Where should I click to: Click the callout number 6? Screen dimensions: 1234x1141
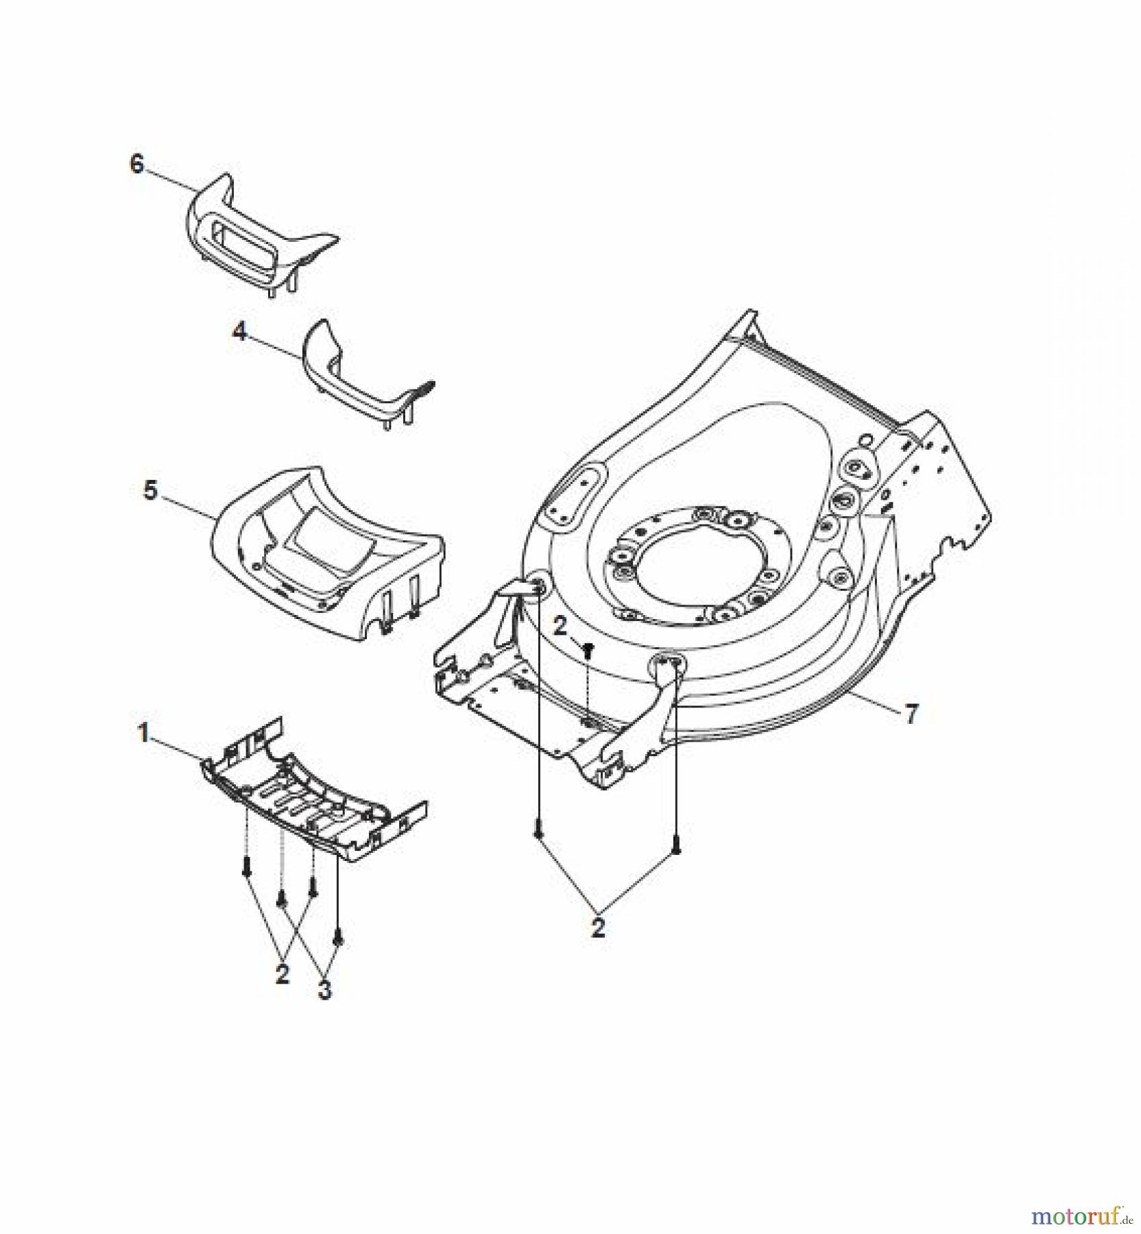(x=137, y=165)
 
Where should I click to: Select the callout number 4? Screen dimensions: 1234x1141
(x=239, y=332)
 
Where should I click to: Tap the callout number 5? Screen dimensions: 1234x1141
(x=150, y=490)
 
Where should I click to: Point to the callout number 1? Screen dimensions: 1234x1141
(x=143, y=733)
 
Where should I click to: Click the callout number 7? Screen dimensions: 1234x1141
(x=911, y=715)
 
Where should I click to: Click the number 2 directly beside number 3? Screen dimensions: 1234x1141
(x=283, y=974)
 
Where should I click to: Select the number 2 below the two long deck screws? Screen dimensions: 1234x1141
(x=599, y=928)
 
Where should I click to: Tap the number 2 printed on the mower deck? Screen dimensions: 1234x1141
(x=560, y=626)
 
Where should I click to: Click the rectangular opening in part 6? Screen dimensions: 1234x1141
(x=240, y=237)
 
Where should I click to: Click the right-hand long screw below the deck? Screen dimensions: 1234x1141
(x=676, y=847)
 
